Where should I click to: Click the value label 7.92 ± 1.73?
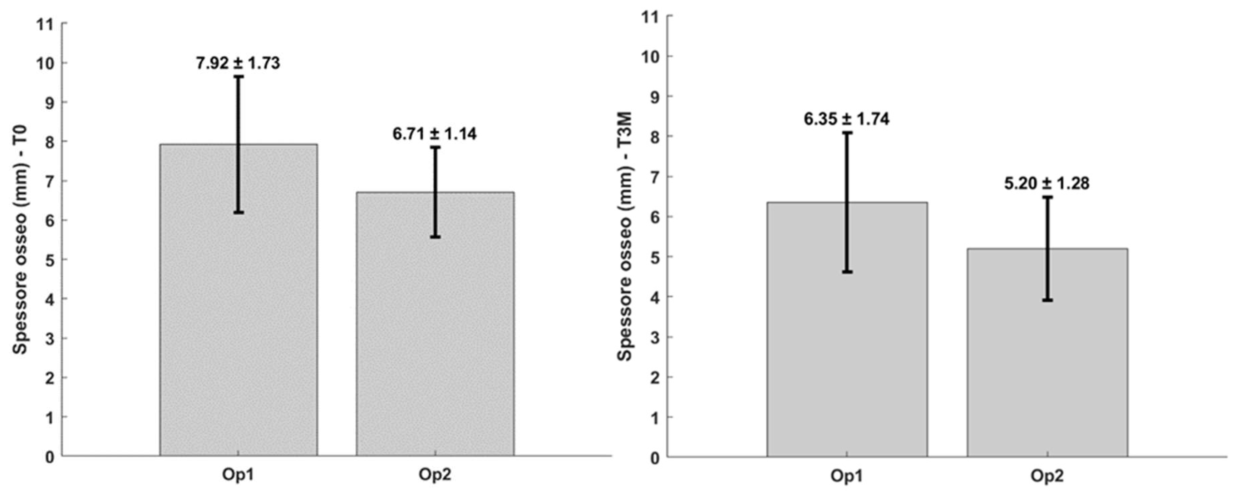point(238,63)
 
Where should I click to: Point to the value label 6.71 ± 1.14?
point(434,134)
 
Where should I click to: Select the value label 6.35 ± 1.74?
point(846,119)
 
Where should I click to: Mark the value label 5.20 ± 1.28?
point(1047,183)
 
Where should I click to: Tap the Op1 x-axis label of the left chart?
point(238,475)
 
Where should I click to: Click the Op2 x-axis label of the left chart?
point(435,475)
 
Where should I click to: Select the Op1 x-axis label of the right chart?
point(846,476)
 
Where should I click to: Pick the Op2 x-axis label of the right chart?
point(1047,476)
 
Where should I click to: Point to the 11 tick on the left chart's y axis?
point(46,24)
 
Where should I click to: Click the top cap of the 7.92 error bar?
point(238,76)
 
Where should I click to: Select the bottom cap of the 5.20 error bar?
point(1047,300)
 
